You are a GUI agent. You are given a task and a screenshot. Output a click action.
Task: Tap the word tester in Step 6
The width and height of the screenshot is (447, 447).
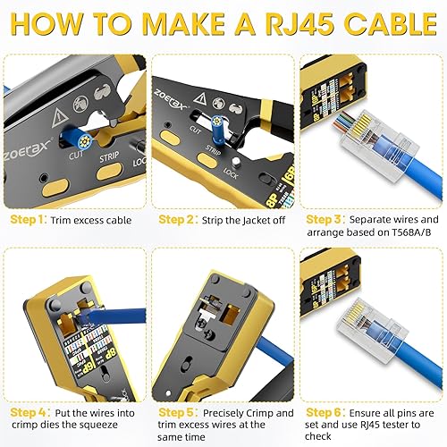[x=413, y=426]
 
